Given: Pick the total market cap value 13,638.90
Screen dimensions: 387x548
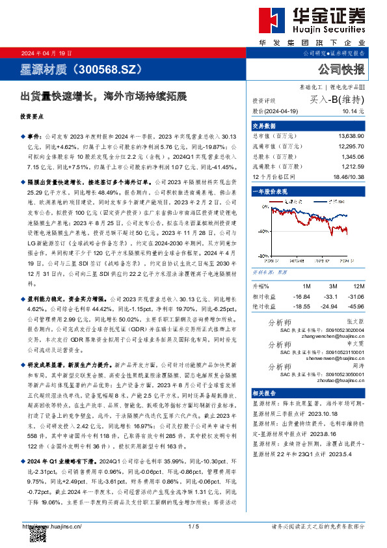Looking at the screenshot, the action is tap(351, 135).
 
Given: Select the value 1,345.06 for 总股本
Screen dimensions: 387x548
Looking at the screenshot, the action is tap(353, 158).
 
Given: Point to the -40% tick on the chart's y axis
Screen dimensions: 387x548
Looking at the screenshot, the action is tap(260, 231).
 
